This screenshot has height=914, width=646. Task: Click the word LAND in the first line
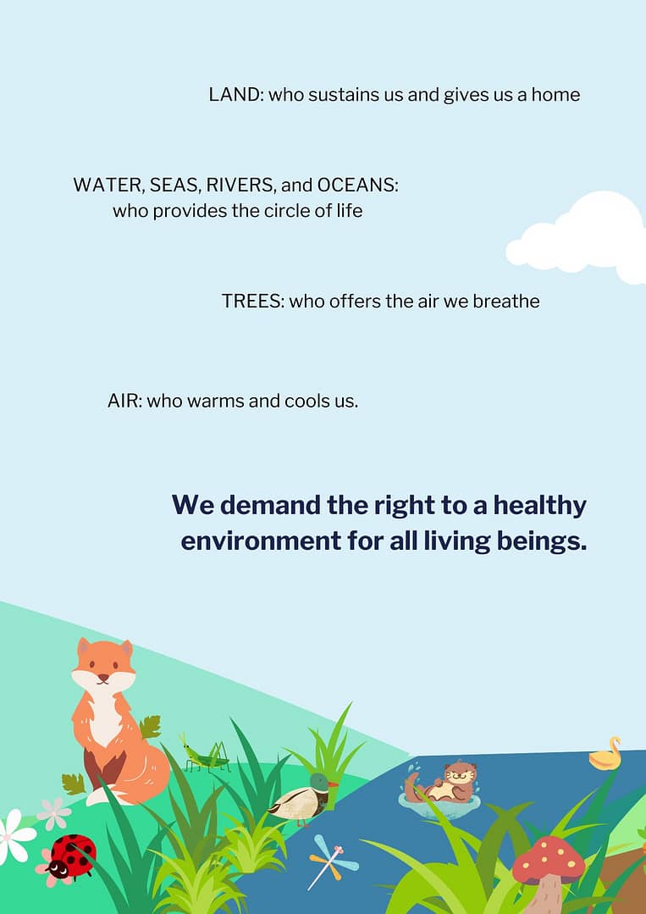(235, 94)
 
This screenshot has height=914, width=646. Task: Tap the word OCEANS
(357, 185)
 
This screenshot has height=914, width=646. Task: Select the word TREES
(252, 301)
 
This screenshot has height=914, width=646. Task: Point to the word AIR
(124, 401)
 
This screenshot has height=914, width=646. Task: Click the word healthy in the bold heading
(539, 506)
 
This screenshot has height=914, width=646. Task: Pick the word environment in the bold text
(261, 541)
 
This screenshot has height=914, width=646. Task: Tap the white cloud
(577, 239)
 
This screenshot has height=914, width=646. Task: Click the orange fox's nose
(103, 678)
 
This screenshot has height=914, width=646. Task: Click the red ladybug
(71, 856)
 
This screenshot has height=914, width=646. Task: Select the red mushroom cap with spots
(548, 860)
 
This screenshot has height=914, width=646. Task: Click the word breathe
(506, 301)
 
